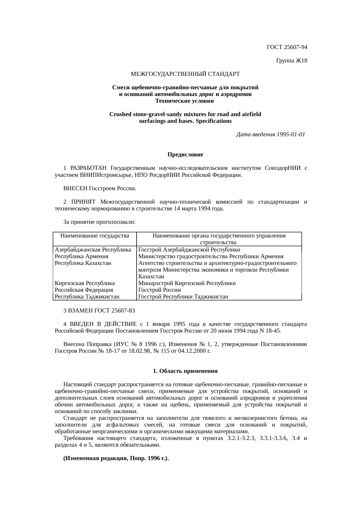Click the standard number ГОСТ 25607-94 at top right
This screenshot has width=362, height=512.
coord(287,47)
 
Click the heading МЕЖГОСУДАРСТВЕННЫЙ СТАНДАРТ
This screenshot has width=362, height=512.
coord(185,74)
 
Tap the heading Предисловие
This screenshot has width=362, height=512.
coord(185,154)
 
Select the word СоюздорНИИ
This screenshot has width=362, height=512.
coord(282,168)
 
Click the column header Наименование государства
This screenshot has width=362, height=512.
coord(95,235)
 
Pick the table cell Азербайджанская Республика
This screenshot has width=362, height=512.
coord(93,250)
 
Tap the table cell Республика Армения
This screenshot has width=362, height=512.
coord(81,256)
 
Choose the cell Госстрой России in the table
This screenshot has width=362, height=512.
coord(159,290)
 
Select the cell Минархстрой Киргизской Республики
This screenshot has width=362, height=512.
coord(187,283)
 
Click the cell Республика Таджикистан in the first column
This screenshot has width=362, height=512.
coord(87,297)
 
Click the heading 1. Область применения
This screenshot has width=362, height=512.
coord(185,371)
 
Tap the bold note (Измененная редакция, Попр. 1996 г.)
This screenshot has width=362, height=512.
coord(116,458)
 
